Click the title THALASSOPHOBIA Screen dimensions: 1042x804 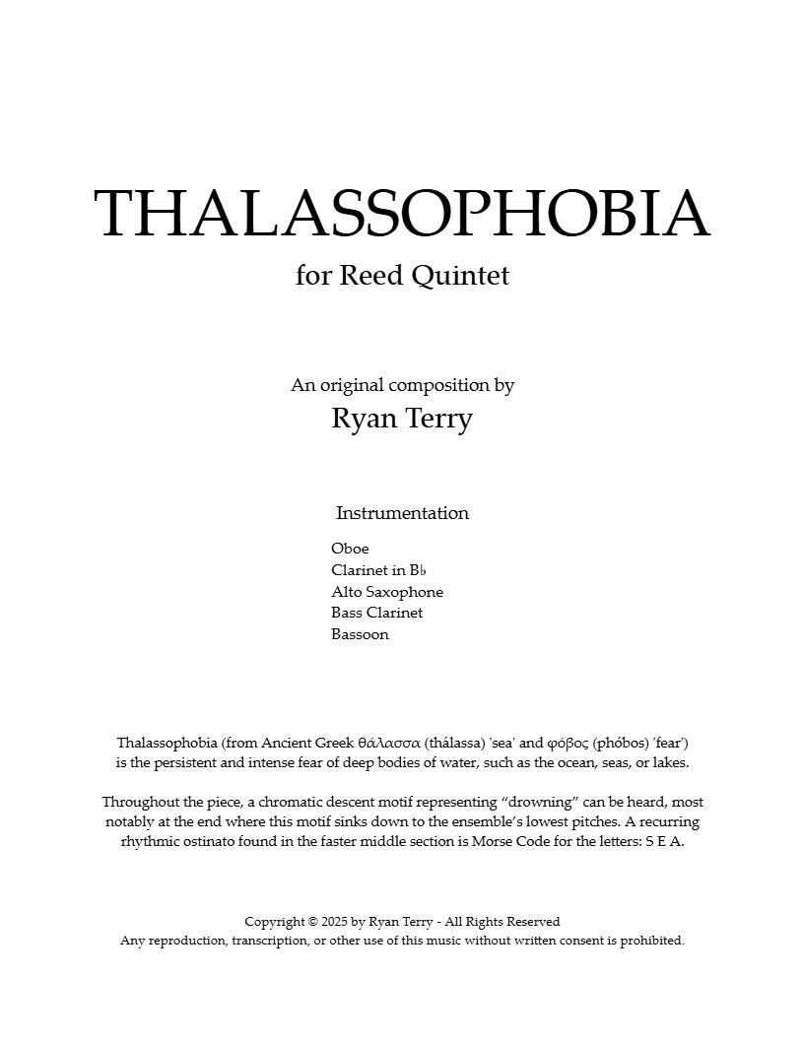(402, 214)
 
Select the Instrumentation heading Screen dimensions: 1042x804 (402, 513)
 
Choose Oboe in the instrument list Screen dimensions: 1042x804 (350, 549)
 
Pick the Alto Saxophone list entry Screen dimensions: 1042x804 (387, 592)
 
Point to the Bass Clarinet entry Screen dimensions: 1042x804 (376, 613)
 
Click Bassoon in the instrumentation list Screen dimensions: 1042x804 (360, 634)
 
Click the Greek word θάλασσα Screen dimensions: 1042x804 (389, 743)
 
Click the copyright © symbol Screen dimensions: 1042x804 (312, 922)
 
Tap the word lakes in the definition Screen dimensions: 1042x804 (669, 763)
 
